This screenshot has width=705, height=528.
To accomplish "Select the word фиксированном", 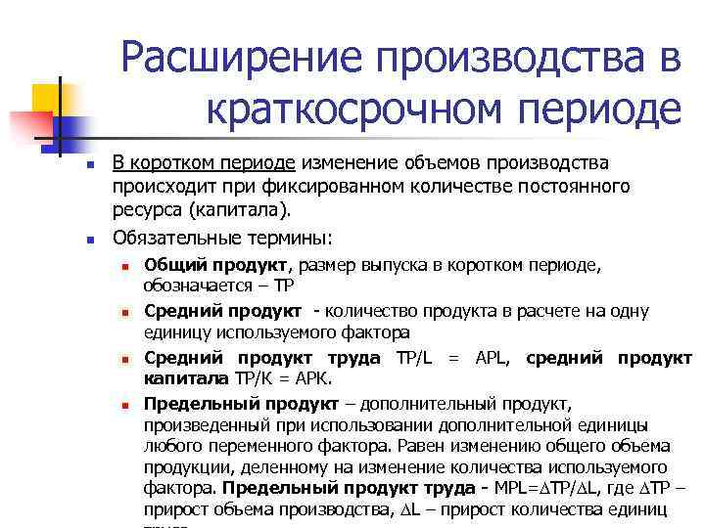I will [x=363, y=186].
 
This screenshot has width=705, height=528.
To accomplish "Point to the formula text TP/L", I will [x=419, y=357].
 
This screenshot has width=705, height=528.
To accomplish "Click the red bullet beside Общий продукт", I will [x=125, y=266].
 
